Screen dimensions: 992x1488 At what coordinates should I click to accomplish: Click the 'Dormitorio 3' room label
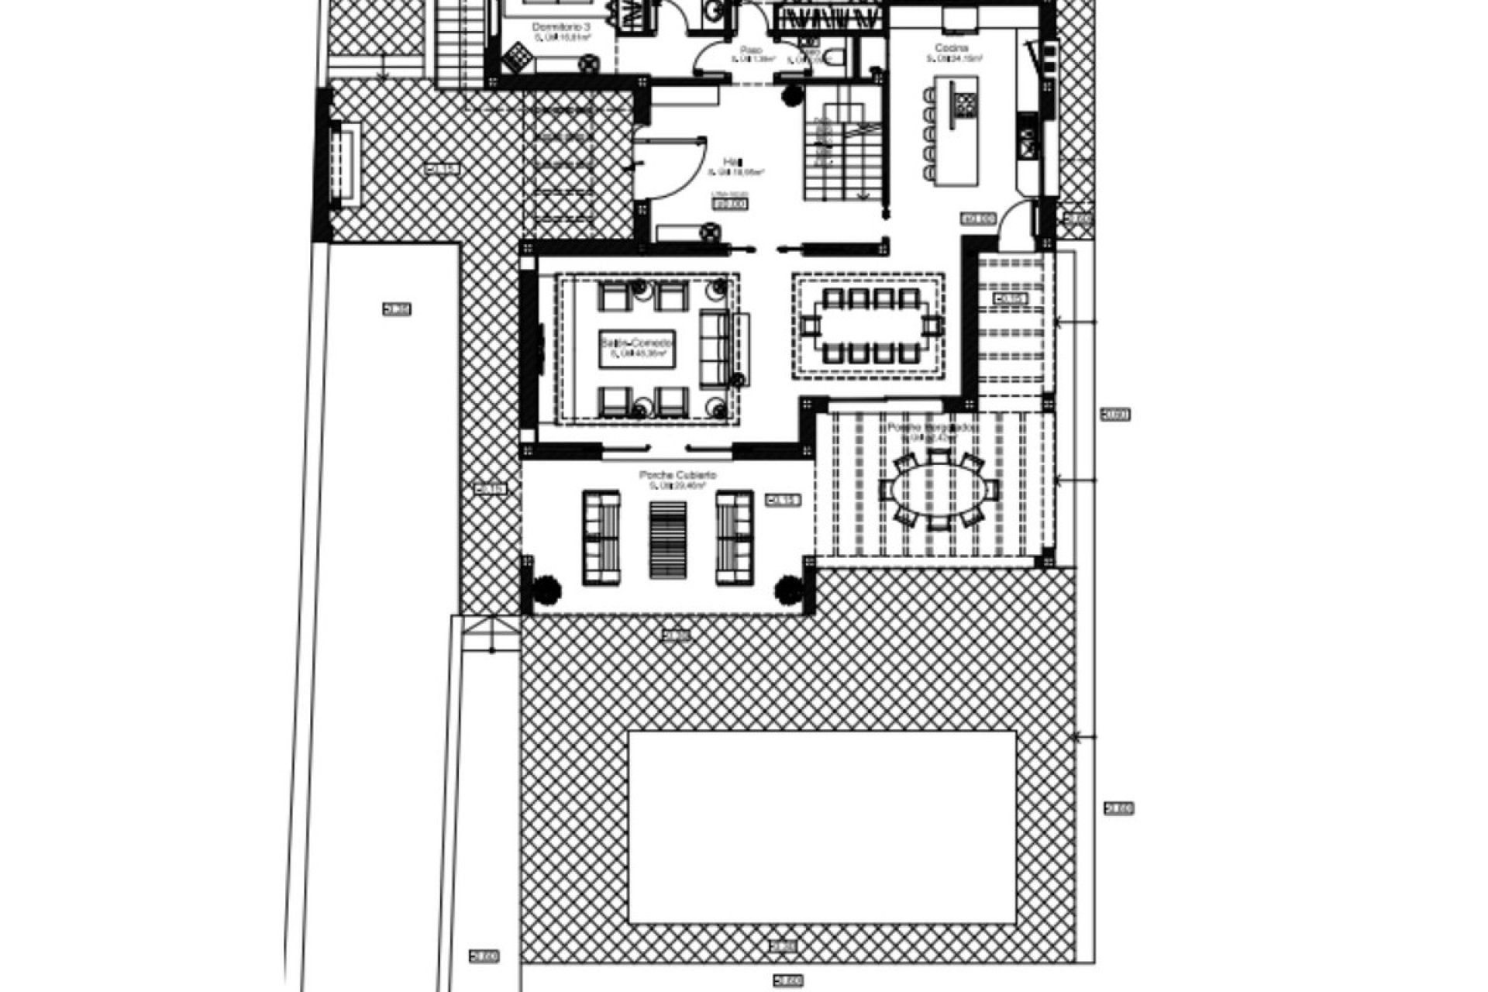[x=562, y=26]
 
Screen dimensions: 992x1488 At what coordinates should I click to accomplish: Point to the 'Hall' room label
[x=729, y=161]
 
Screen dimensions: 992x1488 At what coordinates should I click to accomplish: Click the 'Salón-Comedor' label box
[x=637, y=348]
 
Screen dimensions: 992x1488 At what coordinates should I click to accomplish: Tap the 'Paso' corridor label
[x=751, y=50]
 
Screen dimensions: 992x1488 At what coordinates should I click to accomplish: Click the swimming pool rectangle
[x=821, y=827]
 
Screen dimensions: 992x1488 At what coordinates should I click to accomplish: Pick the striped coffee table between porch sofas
[x=667, y=539]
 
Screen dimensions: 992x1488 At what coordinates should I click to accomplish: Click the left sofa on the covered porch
[x=601, y=537]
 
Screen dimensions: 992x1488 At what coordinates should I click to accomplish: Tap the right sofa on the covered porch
[x=734, y=537]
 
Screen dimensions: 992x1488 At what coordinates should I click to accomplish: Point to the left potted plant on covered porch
[x=547, y=589]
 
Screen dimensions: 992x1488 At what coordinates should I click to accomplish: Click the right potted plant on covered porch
[x=789, y=589]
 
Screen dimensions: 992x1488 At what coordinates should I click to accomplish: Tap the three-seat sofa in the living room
[x=717, y=348]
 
